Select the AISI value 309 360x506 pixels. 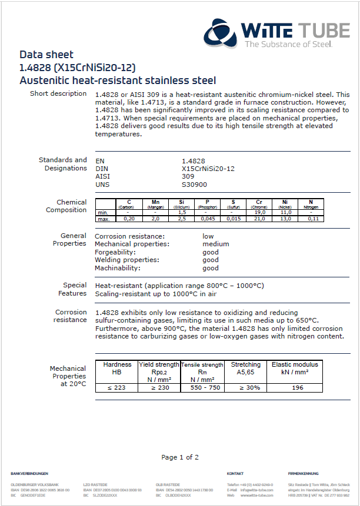click(188, 176)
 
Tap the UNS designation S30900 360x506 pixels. click(194, 185)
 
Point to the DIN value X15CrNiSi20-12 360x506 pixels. click(208, 168)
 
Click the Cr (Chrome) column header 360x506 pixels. click(259, 203)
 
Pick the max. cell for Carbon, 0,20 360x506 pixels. click(129, 219)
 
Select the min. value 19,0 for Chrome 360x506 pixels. click(259, 212)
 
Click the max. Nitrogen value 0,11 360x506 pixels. click(312, 219)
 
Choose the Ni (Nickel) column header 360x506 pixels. click(285, 203)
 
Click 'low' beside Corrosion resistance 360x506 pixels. click(208, 236)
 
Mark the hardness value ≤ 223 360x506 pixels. click(117, 387)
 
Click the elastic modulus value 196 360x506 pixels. click(298, 387)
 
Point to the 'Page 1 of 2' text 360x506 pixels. click(180, 457)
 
